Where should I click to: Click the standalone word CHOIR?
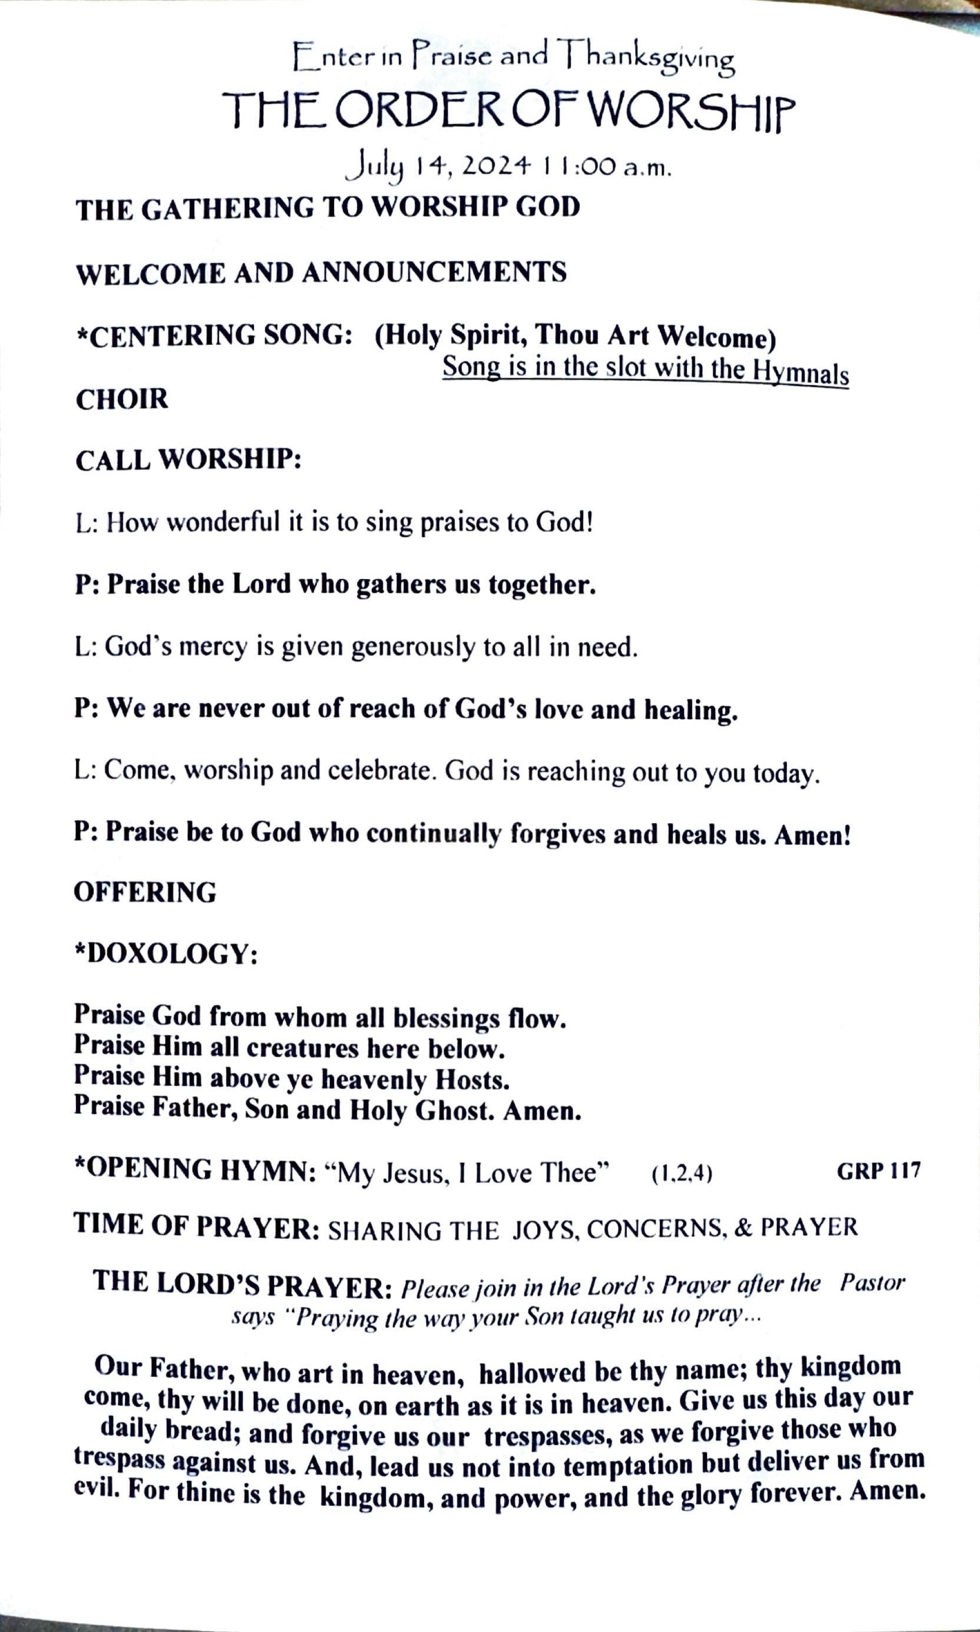tap(122, 400)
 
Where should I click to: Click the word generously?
tap(413, 648)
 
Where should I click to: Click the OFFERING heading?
tap(144, 892)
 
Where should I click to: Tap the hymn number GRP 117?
tap(878, 1171)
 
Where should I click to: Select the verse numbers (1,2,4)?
tap(681, 1174)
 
